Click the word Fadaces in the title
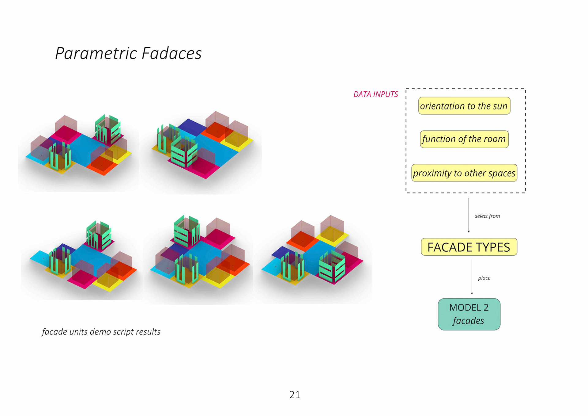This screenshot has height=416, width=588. click(x=171, y=53)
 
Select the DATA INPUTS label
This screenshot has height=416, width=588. click(x=375, y=94)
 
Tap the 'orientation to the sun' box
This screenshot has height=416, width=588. click(x=464, y=106)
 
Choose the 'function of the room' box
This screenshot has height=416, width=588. click(x=464, y=139)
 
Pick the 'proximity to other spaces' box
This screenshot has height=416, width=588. click(x=464, y=173)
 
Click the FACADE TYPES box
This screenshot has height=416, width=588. click(x=469, y=247)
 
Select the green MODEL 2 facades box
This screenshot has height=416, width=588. click(x=469, y=314)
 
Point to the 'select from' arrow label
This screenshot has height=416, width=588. click(x=487, y=216)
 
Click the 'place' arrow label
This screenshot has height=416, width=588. click(x=484, y=278)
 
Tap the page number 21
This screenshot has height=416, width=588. click(x=295, y=395)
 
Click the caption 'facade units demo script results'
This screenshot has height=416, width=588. click(x=101, y=332)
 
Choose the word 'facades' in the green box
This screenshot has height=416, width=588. click(x=468, y=321)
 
